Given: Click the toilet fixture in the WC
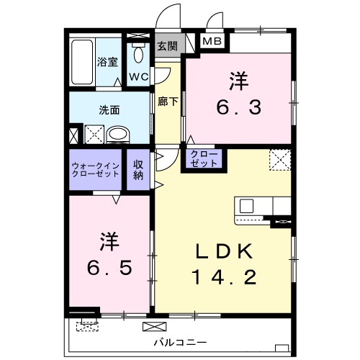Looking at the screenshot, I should click(138, 55).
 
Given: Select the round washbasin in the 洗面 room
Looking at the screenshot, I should click(117, 134).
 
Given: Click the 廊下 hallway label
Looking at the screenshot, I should click(168, 102).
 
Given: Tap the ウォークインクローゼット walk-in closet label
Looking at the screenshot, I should click(96, 170).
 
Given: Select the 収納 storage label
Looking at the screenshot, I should click(138, 170).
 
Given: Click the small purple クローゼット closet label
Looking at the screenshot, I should click(204, 159).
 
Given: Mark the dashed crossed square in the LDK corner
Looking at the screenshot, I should click(279, 159).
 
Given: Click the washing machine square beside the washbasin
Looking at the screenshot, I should click(94, 134).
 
